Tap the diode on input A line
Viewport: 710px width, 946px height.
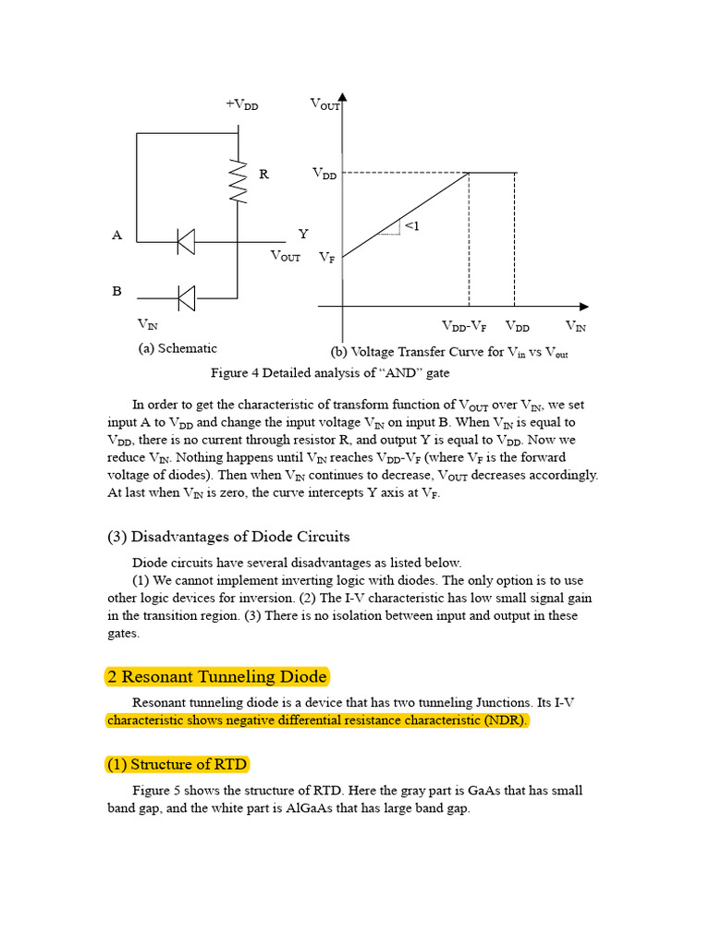point(186,242)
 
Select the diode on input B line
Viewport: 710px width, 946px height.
point(186,297)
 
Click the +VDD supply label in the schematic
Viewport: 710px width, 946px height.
point(241,104)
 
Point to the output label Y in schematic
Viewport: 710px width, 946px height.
point(302,235)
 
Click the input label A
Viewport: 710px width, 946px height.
point(117,236)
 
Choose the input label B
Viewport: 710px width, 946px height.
point(117,291)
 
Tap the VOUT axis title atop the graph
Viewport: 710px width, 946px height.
point(325,104)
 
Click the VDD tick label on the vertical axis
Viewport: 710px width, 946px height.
point(324,174)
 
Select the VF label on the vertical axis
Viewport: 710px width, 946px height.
point(327,259)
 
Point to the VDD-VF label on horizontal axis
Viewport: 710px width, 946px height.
point(465,327)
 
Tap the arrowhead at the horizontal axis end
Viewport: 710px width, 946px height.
point(583,306)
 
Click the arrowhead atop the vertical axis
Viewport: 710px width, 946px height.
point(343,96)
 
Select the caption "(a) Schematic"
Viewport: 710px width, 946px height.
point(177,348)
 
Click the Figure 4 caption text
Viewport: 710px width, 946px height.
point(330,373)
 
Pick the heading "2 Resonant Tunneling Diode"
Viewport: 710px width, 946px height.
point(217,677)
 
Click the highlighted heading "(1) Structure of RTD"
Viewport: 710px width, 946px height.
point(176,765)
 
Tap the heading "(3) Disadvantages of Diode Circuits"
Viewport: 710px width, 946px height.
point(228,537)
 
